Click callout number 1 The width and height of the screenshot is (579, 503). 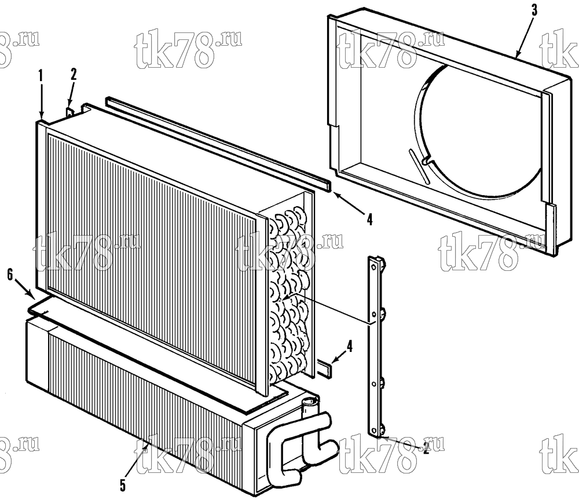pyautogui.click(x=41, y=76)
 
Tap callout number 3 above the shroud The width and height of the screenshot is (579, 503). pyautogui.click(x=534, y=10)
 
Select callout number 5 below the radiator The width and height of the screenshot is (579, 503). pyautogui.click(x=123, y=485)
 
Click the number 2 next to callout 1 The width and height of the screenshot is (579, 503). pyautogui.click(x=74, y=74)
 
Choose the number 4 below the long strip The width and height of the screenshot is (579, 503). pyautogui.click(x=369, y=219)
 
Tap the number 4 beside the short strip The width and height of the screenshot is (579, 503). pyautogui.click(x=349, y=346)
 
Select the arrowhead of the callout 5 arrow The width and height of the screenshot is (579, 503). pyautogui.click(x=147, y=446)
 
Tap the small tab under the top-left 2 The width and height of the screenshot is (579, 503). pyautogui.click(x=70, y=112)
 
